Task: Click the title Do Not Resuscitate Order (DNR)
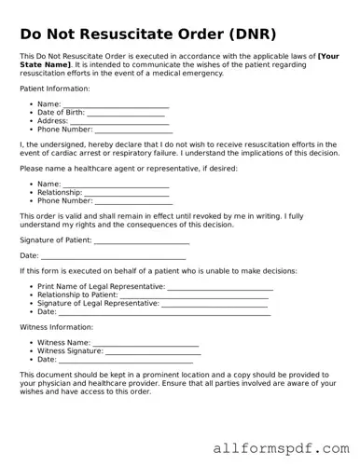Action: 148,34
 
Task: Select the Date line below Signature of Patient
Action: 114,255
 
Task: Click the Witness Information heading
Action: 57,327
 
